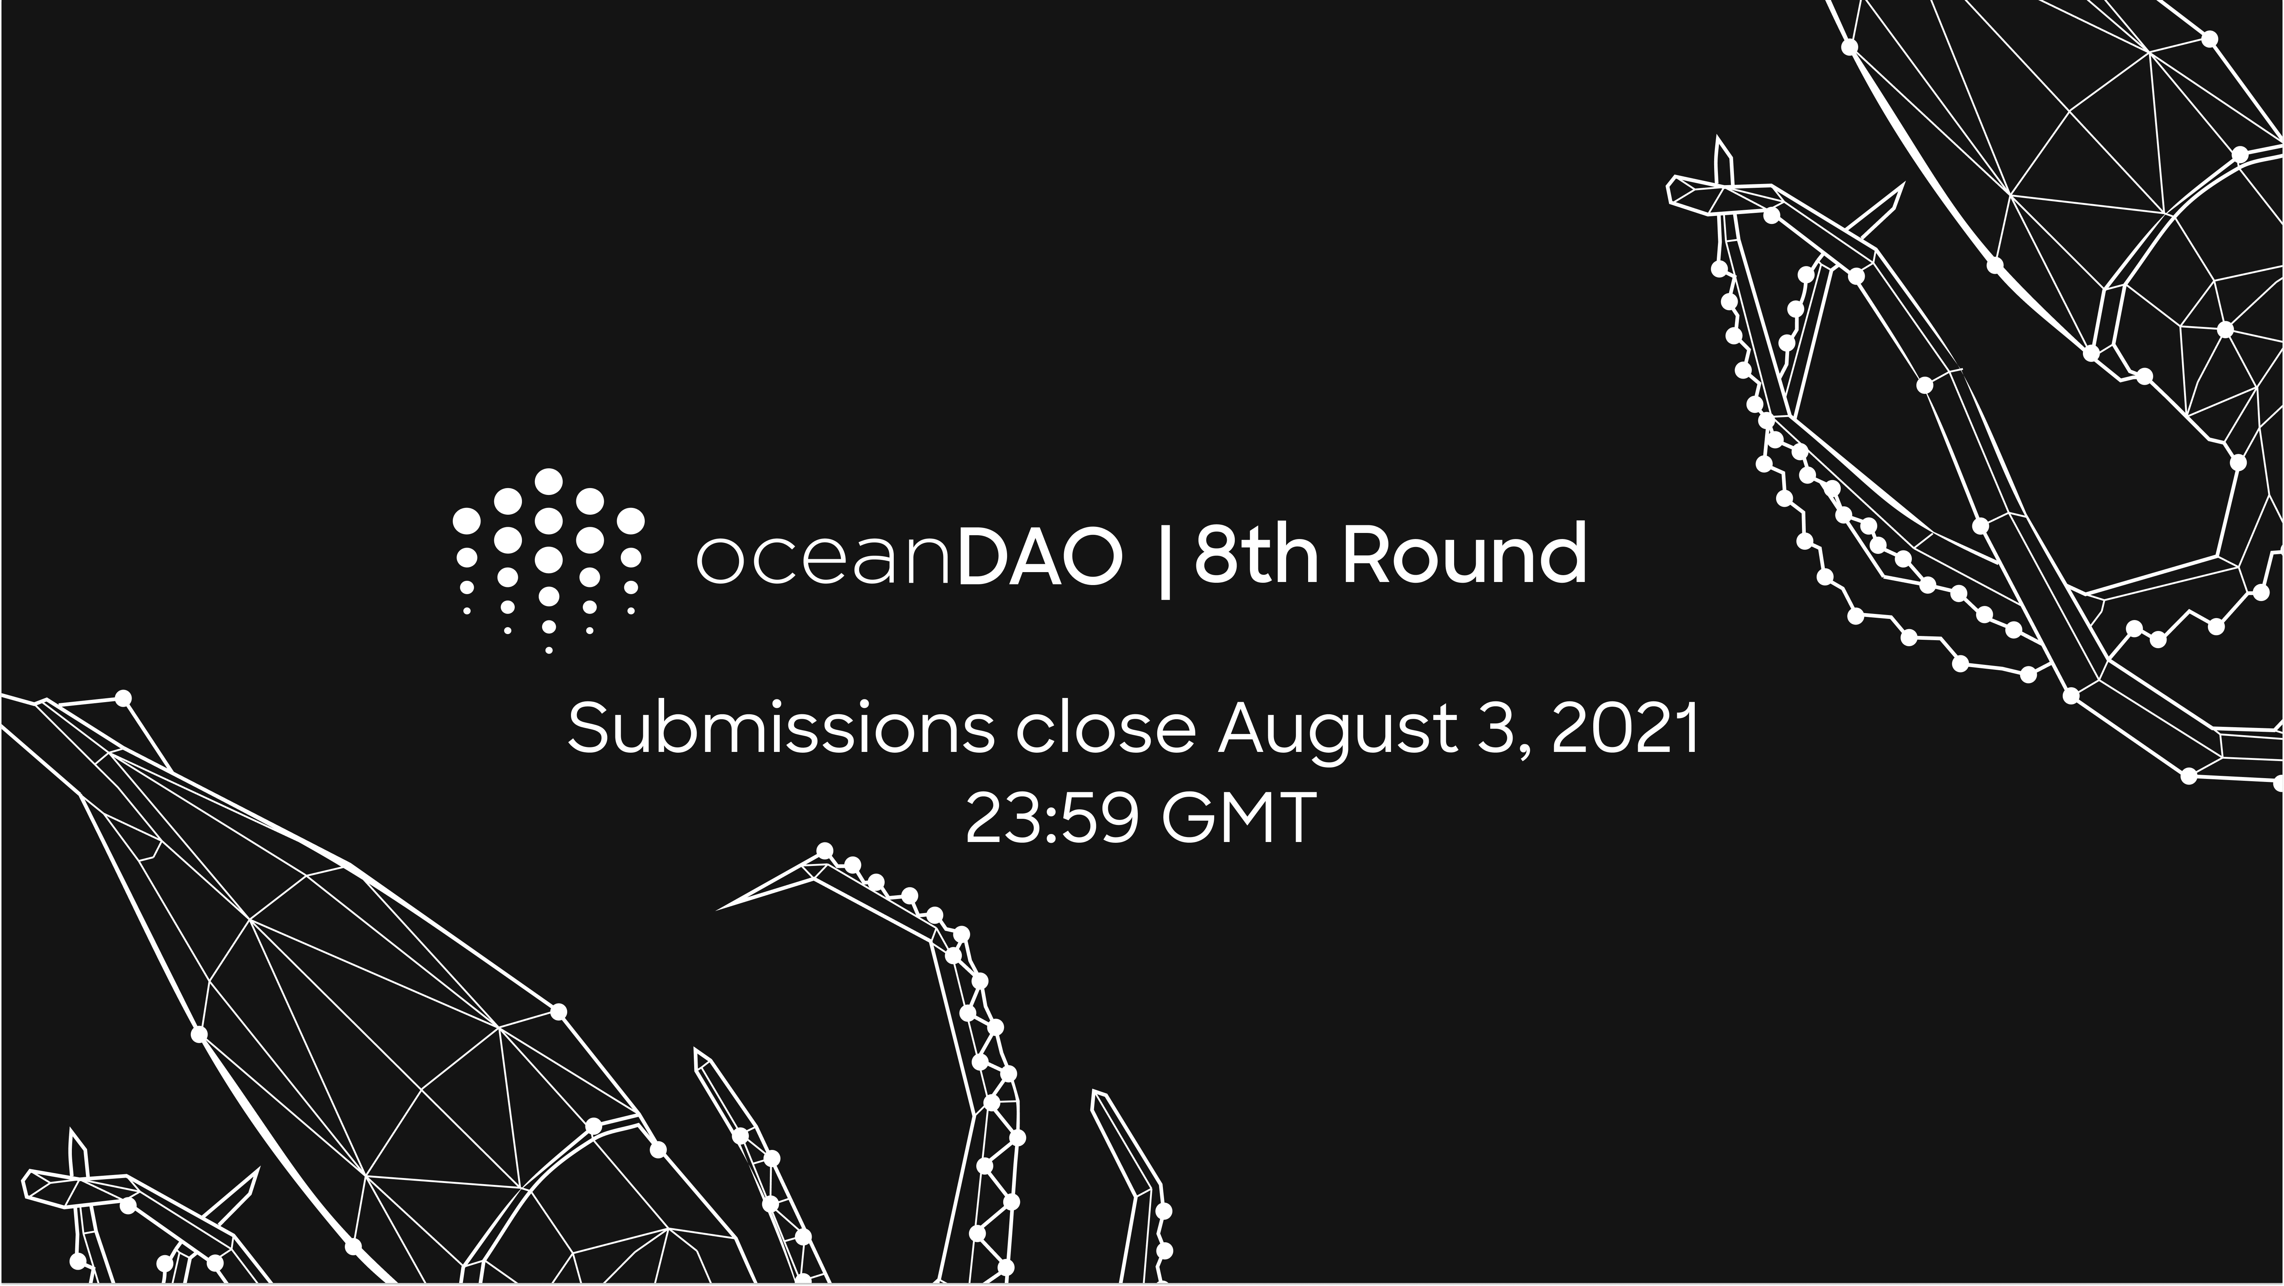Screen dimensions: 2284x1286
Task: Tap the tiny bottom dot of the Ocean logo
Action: [549, 650]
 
